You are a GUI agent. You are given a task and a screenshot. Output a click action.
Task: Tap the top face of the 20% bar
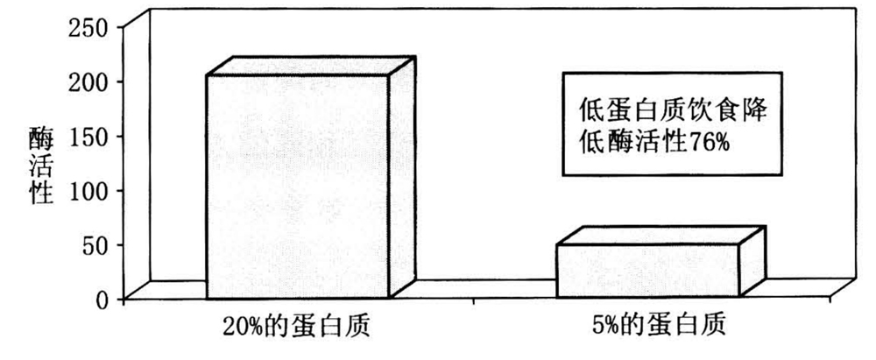[311, 67]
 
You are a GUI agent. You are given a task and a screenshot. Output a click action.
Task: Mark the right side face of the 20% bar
[401, 175]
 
